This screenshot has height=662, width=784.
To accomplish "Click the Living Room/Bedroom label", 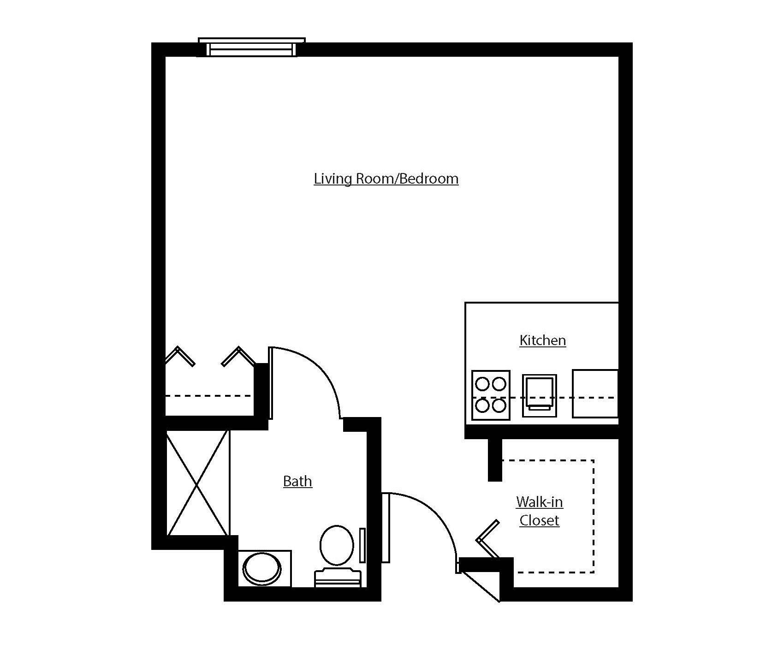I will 386,179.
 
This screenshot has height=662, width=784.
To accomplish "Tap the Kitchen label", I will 542,340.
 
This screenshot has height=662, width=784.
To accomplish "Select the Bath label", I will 297,481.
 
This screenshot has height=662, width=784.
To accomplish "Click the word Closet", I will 539,520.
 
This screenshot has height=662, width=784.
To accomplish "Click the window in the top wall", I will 251,48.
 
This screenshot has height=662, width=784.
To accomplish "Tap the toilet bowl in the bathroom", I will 337,545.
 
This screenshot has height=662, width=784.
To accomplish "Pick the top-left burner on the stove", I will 483,383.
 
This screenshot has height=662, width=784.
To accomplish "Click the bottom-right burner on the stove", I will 499,406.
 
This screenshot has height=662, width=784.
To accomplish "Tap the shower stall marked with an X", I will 197,483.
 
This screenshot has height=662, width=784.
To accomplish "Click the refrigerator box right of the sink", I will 595,394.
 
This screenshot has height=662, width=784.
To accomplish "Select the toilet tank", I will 337,578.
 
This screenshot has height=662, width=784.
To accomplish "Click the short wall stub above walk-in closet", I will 495,459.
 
